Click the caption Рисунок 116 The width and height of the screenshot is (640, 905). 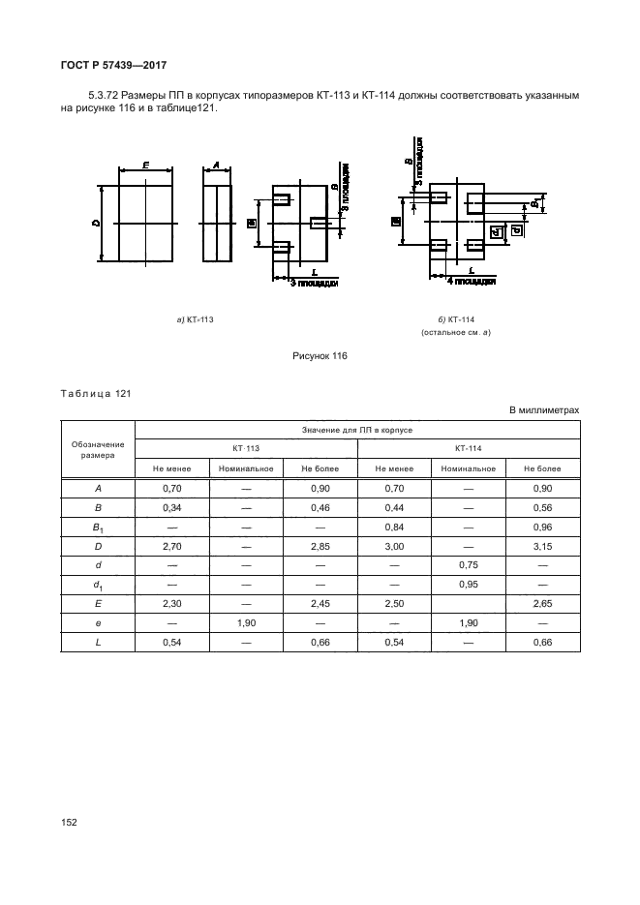(320, 356)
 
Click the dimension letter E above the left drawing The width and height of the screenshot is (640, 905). (145, 166)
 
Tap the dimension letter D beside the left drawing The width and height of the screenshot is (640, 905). (97, 224)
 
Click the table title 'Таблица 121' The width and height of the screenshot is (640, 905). (95, 394)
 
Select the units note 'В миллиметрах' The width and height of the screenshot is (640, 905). (545, 411)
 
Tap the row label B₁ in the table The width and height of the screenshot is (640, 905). (98, 528)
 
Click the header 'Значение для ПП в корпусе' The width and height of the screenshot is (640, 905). (357, 428)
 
